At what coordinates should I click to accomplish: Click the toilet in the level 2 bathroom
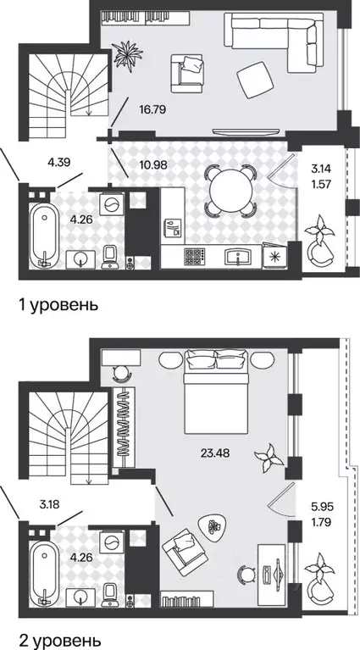(x=111, y=590)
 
